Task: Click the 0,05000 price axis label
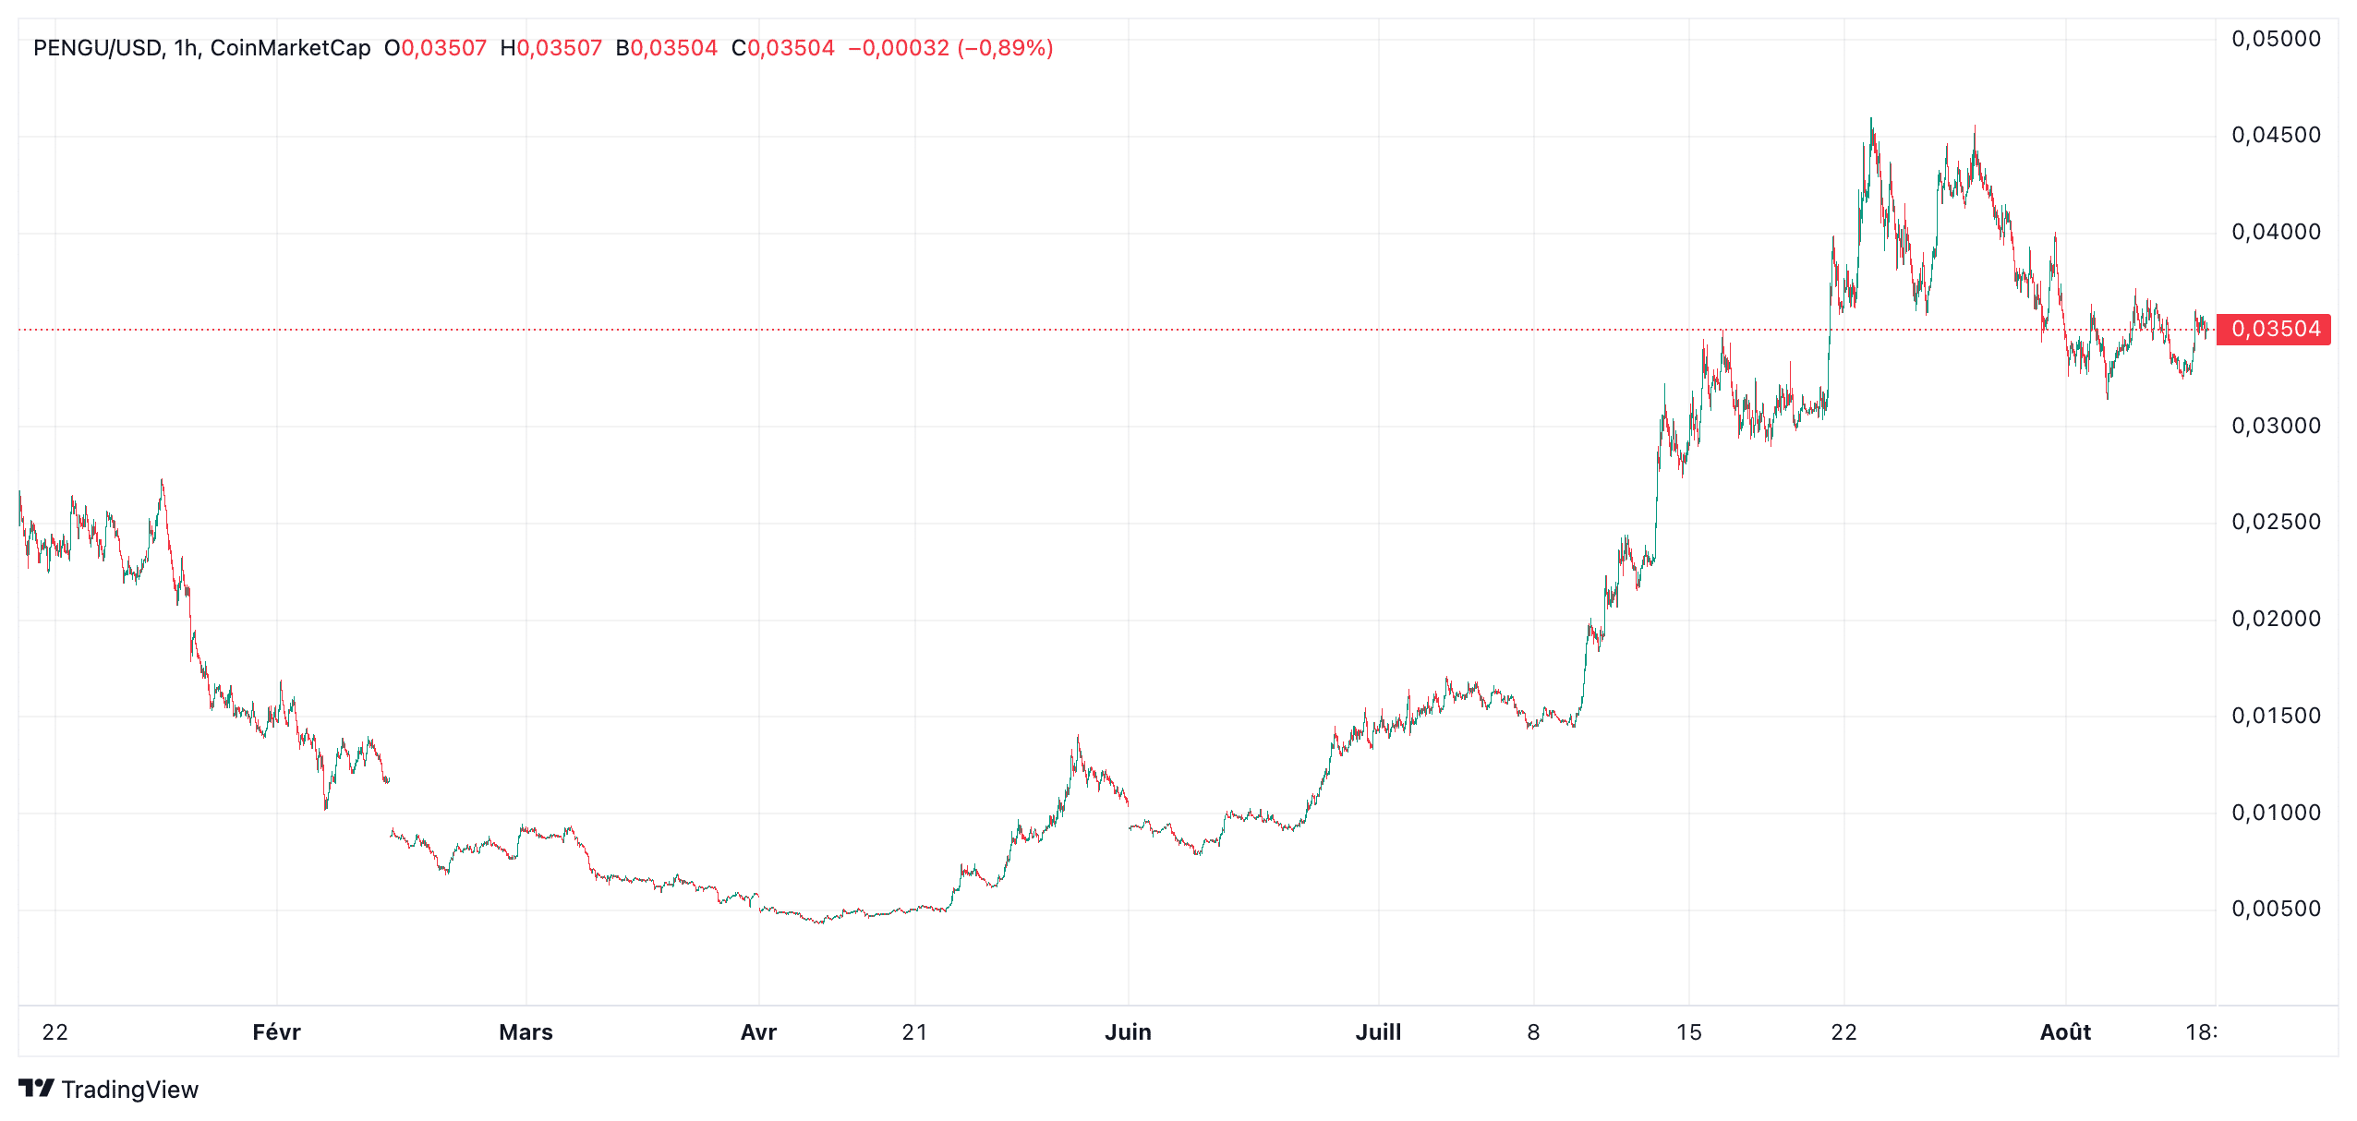[x=2276, y=39]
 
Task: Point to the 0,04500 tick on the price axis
[x=2276, y=136]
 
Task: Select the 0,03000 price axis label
[x=2276, y=426]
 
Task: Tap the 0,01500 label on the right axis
[x=2276, y=716]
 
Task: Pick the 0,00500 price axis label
[x=2276, y=909]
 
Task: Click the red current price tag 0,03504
[x=2274, y=329]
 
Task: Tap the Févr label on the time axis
[x=276, y=1031]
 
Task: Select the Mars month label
[x=526, y=1031]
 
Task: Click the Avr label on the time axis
[x=758, y=1031]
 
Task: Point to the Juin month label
[x=1128, y=1031]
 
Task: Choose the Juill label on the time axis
[x=1378, y=1031]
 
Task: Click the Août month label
[x=2065, y=1031]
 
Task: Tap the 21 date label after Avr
[x=914, y=1031]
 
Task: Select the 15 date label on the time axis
[x=1688, y=1031]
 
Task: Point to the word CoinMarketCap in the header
[x=290, y=48]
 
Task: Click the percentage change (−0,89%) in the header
[x=1005, y=48]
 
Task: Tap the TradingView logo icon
[x=37, y=1089]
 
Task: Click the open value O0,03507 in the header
[x=435, y=48]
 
